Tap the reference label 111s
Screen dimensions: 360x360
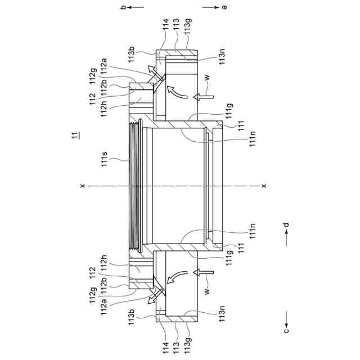coord(105,162)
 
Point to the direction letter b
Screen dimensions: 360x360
coord(123,7)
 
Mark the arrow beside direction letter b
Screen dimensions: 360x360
coord(137,7)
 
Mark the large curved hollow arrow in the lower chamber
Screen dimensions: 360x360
coord(178,278)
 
